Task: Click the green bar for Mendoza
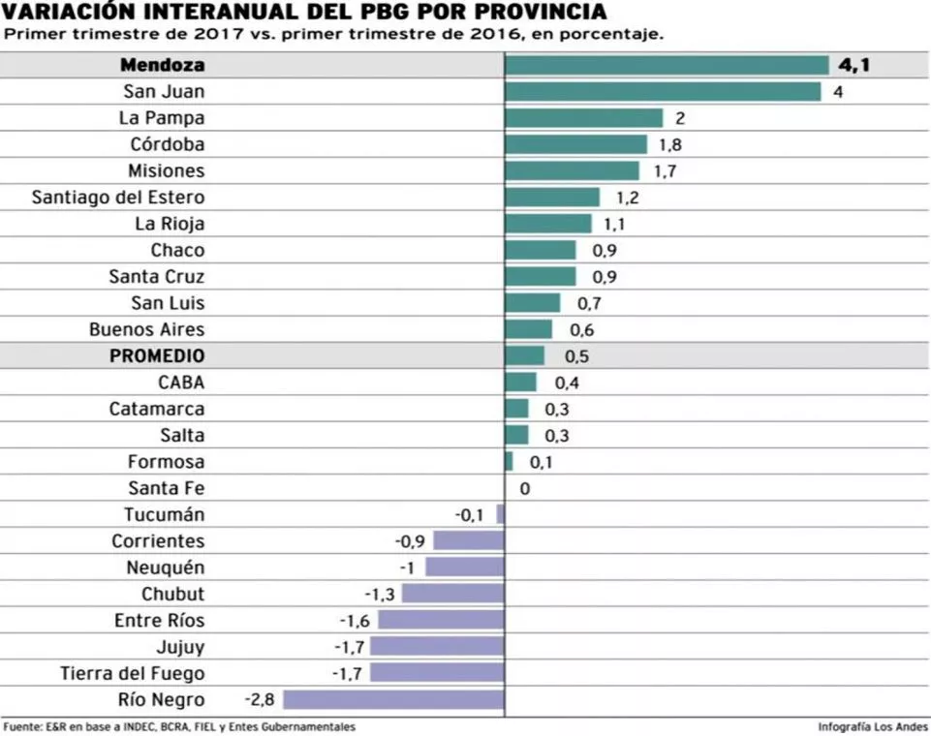click(x=667, y=66)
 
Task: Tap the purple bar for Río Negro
click(x=393, y=699)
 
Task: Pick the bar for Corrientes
click(x=469, y=541)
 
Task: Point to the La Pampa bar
click(x=583, y=118)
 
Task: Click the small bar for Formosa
click(x=509, y=462)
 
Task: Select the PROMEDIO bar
click(x=524, y=356)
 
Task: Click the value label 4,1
click(x=854, y=66)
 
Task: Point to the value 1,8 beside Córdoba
click(x=670, y=145)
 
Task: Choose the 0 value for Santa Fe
click(x=525, y=489)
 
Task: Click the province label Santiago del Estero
click(x=118, y=198)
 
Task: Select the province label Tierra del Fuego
click(x=133, y=673)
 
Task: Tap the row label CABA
click(x=181, y=383)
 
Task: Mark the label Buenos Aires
click(x=146, y=329)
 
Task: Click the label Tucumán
click(x=164, y=515)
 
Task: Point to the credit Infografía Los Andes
click(x=872, y=726)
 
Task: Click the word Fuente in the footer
click(x=22, y=726)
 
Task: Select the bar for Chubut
click(x=452, y=594)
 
